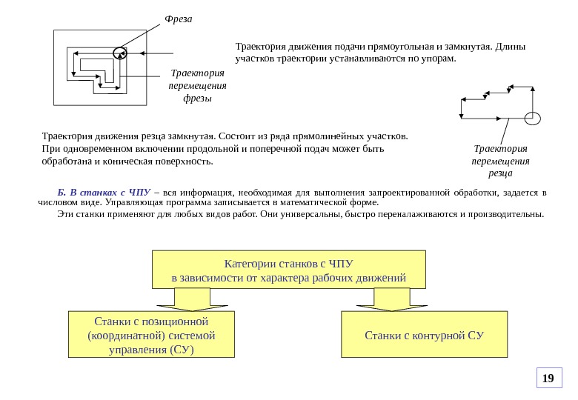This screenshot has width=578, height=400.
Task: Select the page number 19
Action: [548, 379]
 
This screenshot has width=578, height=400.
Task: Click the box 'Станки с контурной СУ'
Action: [424, 335]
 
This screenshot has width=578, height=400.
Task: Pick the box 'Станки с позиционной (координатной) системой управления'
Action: [151, 335]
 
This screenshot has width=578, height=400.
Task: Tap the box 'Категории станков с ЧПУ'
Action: [289, 270]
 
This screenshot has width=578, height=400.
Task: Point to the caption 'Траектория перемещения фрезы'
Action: [198, 86]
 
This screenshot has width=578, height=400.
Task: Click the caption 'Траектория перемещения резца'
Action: [500, 161]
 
